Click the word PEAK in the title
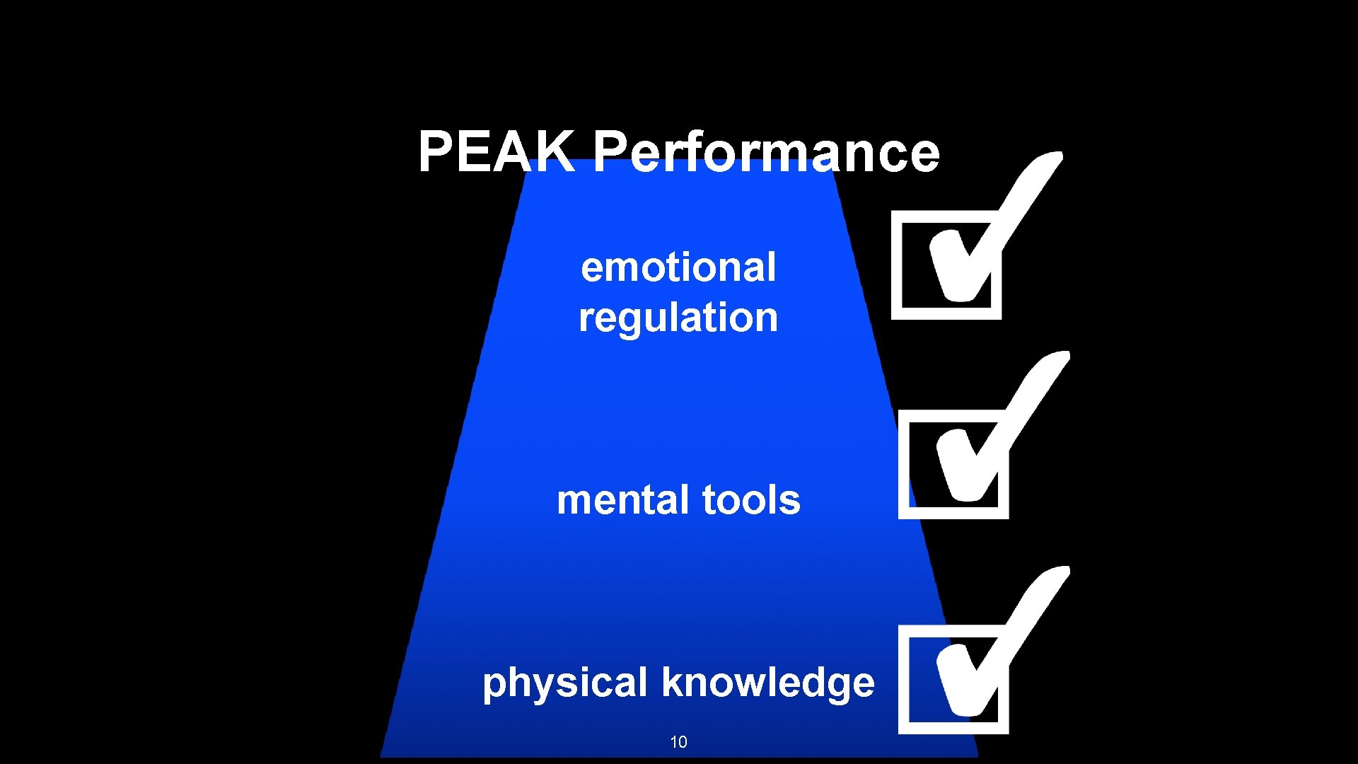click(x=497, y=151)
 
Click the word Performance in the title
click(x=766, y=151)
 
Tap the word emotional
click(x=678, y=267)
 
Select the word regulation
click(x=678, y=318)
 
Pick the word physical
click(x=565, y=683)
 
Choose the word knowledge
click(x=768, y=683)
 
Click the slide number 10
click(x=678, y=742)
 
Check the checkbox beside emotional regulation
click(x=946, y=265)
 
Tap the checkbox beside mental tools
click(x=953, y=465)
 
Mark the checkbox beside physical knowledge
click(x=953, y=680)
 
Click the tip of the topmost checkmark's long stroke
click(x=1054, y=157)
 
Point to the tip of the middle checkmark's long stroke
click(x=1061, y=357)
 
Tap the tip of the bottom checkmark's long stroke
click(x=1061, y=572)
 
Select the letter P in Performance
click(x=609, y=151)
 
